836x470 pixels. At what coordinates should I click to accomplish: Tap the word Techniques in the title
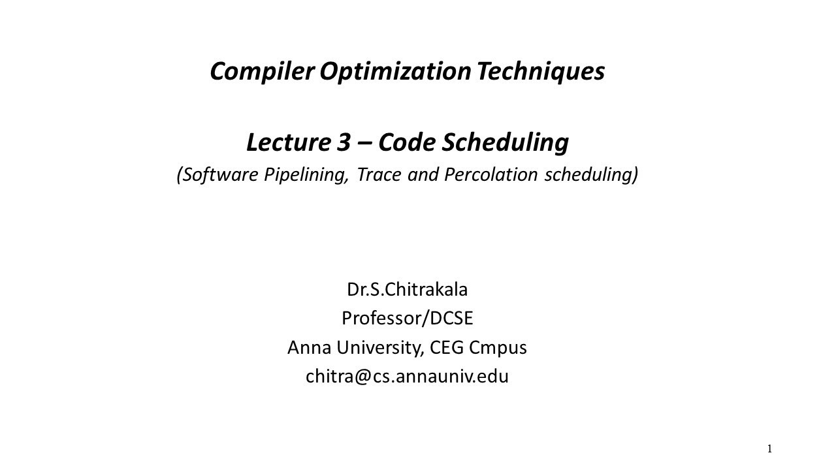[x=540, y=71]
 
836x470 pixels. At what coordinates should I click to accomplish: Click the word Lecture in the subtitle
[x=288, y=142]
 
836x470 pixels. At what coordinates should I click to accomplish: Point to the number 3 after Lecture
[x=344, y=142]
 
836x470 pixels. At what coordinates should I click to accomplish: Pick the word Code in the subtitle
[x=406, y=142]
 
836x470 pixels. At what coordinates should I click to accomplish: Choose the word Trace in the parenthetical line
[x=379, y=174]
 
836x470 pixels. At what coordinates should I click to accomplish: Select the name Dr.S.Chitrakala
[x=407, y=289]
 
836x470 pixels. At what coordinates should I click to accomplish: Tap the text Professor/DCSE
[x=407, y=318]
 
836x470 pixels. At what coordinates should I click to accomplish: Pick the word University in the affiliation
[x=379, y=347]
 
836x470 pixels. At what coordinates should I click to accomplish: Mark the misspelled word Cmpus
[x=498, y=348]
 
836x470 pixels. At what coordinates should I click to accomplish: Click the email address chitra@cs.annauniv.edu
[x=407, y=377]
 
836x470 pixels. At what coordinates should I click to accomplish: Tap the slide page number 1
[x=770, y=448]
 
